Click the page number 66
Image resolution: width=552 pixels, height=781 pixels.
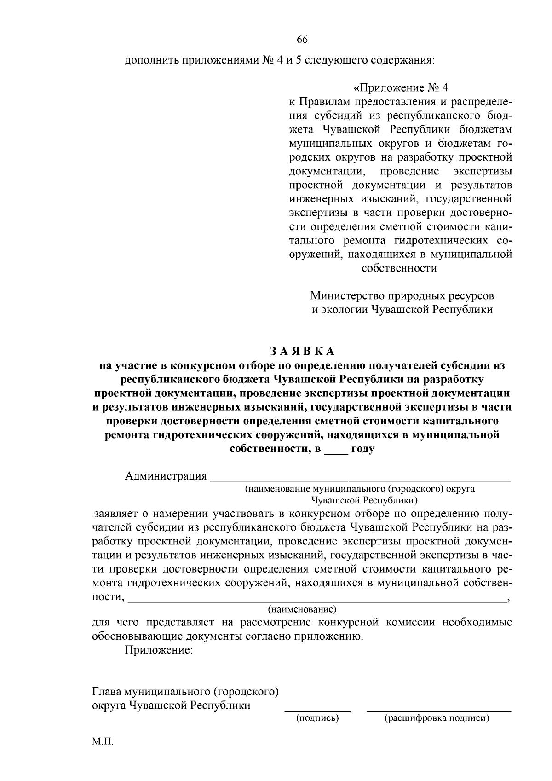pyautogui.click(x=302, y=40)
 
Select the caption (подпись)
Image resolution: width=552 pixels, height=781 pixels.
pyautogui.click(x=317, y=718)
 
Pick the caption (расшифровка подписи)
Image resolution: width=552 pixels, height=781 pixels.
pyautogui.click(x=437, y=718)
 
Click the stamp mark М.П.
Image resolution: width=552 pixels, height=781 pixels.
pyautogui.click(x=102, y=742)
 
